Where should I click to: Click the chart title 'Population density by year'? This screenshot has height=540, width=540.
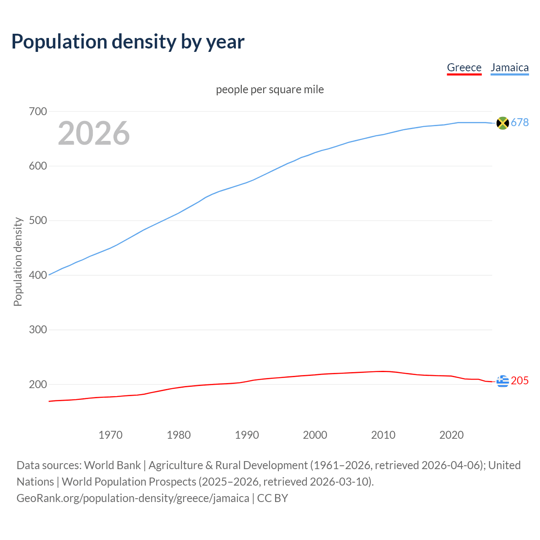coord(128,41)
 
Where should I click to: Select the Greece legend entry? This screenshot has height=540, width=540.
coord(464,67)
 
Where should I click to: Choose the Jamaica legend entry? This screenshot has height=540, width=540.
coord(510,67)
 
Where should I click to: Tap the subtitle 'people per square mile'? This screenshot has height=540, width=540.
coord(270,89)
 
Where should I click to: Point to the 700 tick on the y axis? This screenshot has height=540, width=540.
coord(38,112)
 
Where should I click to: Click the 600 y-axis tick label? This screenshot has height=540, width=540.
coord(38,166)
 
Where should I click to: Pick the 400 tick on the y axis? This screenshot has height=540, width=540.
coord(38,275)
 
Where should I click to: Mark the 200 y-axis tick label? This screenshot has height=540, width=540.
coord(38,384)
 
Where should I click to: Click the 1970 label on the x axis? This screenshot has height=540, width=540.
coord(111,435)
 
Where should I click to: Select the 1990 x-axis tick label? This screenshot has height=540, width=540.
coord(247,435)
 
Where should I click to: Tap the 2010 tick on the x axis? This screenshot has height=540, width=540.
coord(383,435)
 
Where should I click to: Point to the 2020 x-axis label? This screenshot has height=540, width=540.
coord(451,435)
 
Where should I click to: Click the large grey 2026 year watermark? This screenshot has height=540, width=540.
coord(94,133)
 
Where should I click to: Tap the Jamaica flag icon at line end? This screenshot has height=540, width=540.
coord(502,123)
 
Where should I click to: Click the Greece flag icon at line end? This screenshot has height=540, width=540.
coord(502,381)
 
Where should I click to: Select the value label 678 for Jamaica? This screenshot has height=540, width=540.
coord(520,122)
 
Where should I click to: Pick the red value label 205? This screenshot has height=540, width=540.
coord(520,381)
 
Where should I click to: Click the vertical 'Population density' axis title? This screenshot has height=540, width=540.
coord(18,262)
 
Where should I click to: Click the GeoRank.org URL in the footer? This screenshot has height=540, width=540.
coord(133,498)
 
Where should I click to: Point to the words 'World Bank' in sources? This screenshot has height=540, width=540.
coord(112,465)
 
